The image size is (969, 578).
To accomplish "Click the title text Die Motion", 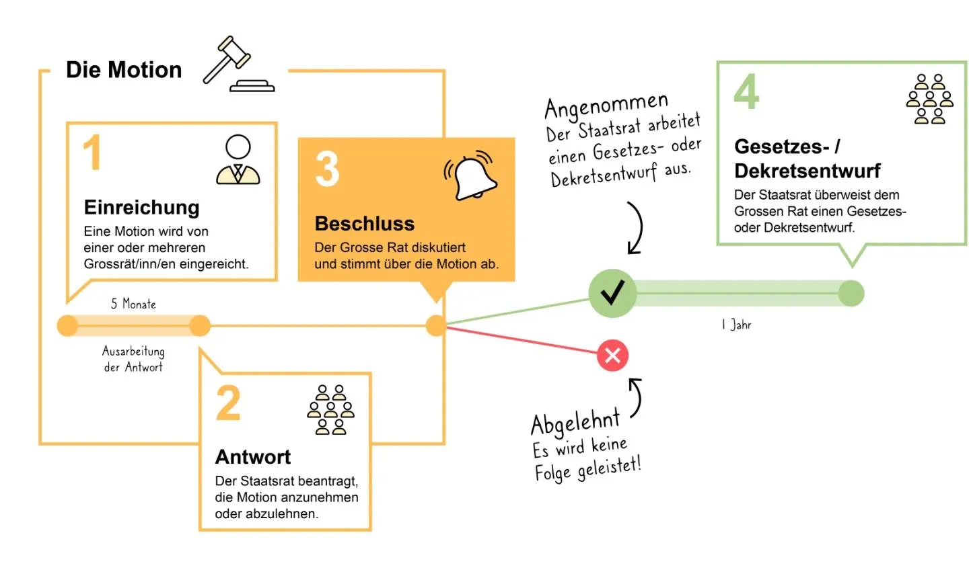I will click(124, 70).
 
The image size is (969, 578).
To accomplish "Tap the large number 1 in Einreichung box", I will click(92, 152).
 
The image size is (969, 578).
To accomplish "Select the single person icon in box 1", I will click(238, 159).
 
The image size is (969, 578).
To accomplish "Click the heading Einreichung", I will click(141, 208).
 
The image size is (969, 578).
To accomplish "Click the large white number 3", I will click(327, 169).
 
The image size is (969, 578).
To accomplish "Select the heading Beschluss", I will click(365, 223).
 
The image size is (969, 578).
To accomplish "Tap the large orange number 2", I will click(228, 403).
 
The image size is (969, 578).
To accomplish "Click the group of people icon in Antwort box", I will click(330, 410).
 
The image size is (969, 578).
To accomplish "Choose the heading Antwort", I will click(253, 457).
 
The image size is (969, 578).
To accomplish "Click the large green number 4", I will click(747, 91).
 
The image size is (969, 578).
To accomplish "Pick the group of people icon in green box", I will click(929, 99).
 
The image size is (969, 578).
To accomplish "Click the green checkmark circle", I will click(612, 293).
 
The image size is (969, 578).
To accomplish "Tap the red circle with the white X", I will click(612, 356).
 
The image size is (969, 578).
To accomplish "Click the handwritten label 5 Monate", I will click(133, 304).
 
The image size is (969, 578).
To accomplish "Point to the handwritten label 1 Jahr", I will click(736, 325).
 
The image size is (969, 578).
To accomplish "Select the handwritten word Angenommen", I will click(606, 105).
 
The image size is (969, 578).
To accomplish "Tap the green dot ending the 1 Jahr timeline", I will click(851, 294).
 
